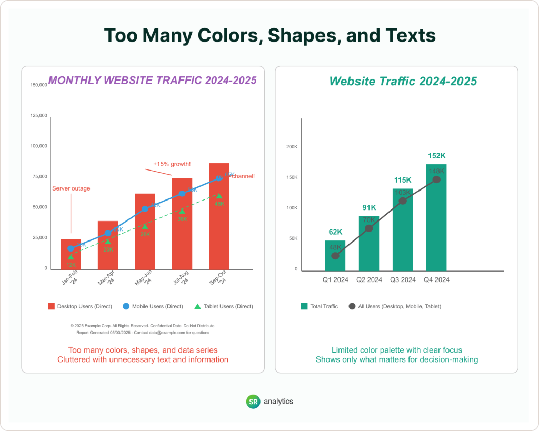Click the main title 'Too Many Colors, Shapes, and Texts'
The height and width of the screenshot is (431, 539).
point(269,35)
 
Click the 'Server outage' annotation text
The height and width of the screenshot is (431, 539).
point(71,188)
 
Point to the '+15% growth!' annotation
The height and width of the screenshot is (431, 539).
point(172,164)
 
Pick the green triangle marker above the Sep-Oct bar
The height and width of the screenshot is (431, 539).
point(219,196)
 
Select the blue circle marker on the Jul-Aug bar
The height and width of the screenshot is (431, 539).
point(182,194)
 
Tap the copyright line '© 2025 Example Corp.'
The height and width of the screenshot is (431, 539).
point(143,326)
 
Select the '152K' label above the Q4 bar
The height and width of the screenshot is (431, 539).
point(436,156)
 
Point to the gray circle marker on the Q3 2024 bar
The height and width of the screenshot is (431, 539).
point(403,201)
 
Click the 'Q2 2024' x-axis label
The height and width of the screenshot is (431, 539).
point(369,280)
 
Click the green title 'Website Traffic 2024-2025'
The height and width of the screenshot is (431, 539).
point(403,81)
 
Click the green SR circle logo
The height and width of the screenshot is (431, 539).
point(253,401)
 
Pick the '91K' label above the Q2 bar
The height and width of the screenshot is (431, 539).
point(369,207)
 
